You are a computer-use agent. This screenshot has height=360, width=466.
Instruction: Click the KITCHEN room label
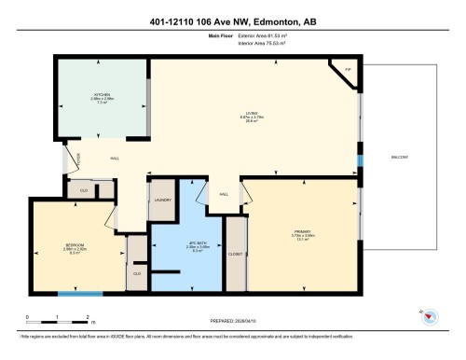(x=102, y=93)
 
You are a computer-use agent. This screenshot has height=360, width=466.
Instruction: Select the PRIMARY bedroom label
(x=301, y=231)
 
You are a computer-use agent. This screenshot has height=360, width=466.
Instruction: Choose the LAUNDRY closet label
(x=162, y=201)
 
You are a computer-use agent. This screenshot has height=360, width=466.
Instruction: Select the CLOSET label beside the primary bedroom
(x=235, y=253)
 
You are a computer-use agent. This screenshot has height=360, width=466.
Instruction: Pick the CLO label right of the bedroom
(x=136, y=273)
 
